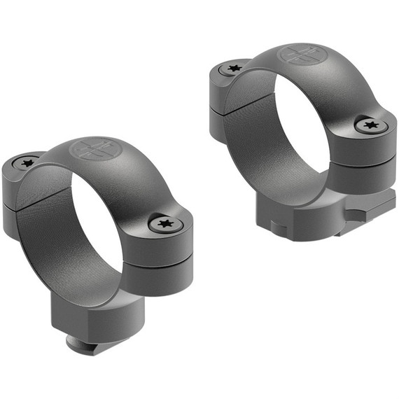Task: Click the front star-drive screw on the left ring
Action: click(166, 224)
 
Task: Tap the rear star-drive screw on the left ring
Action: click(27, 163)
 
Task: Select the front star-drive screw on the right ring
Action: click(370, 125)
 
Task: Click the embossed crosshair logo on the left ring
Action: click(97, 149)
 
